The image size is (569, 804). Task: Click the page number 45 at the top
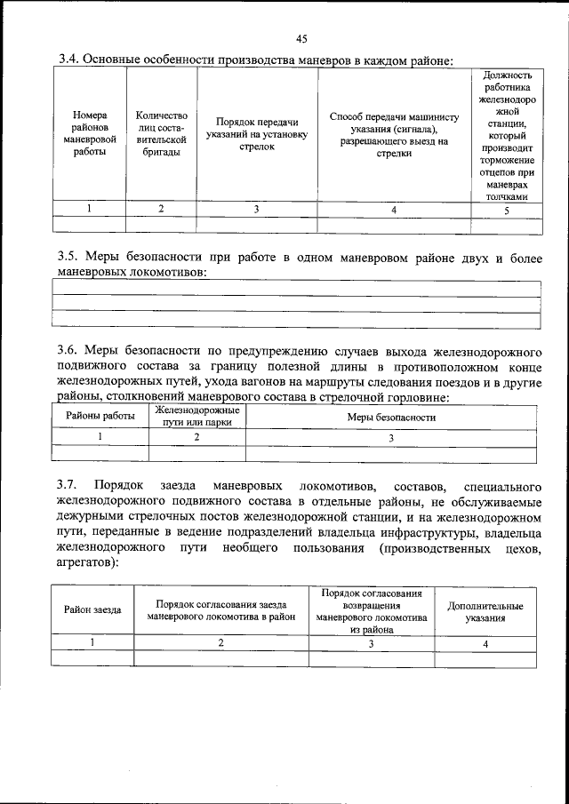point(301,38)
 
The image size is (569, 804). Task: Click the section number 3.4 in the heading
point(68,60)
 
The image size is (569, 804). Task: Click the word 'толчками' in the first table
point(506,196)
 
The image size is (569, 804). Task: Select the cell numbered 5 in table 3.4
point(506,211)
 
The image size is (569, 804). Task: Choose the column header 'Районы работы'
point(100,416)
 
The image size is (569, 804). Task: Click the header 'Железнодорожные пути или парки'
point(197,416)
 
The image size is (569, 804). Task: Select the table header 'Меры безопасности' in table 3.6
point(391,417)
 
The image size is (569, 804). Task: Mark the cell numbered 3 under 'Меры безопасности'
point(391,437)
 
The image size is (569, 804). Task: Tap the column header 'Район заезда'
point(92,609)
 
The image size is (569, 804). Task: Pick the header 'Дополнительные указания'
point(485,610)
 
